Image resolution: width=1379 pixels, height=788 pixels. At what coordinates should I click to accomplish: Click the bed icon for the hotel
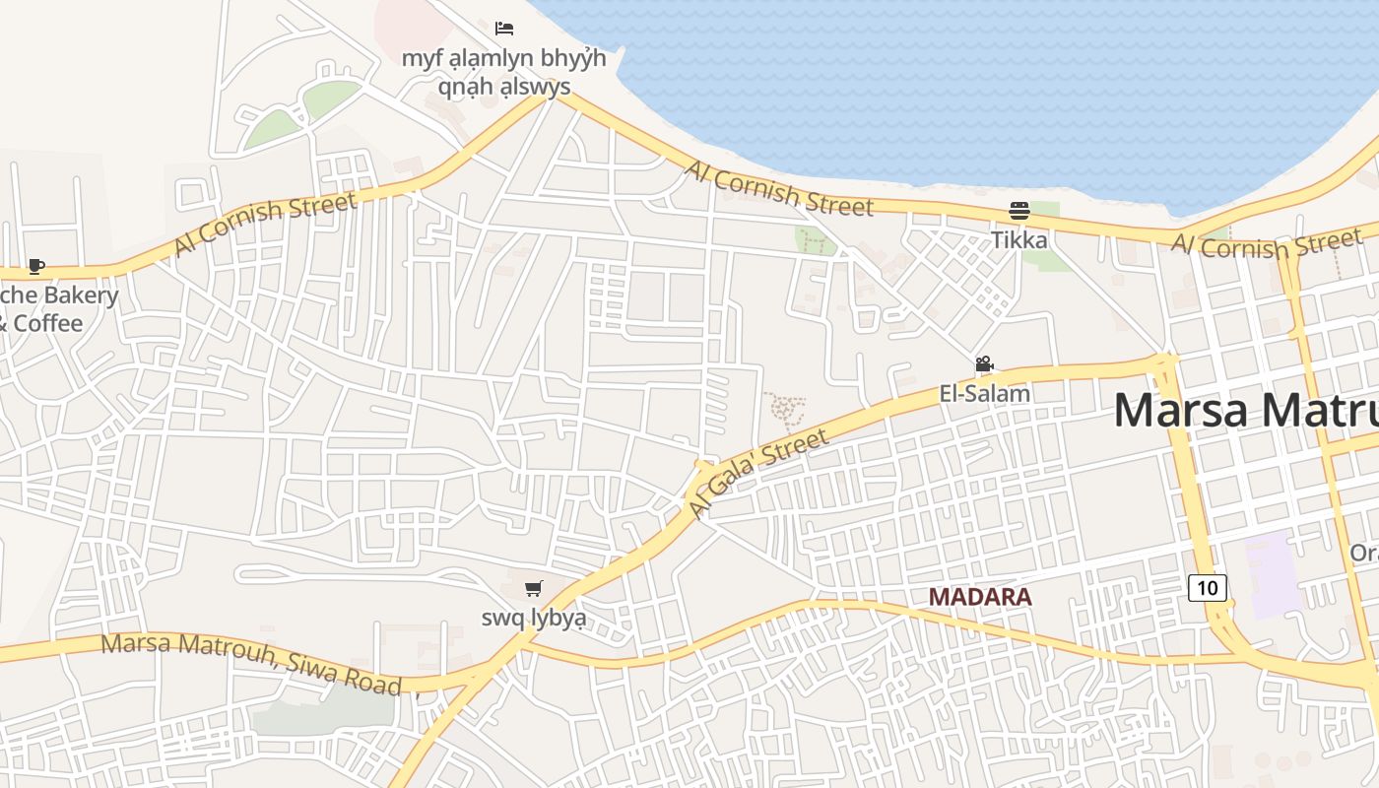click(504, 28)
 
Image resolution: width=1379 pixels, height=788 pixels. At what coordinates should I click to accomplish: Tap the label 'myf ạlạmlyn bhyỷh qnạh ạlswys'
click(503, 72)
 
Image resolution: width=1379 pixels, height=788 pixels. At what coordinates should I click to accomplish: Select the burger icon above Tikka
click(1019, 211)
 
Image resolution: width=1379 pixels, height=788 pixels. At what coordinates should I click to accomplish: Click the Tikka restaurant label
click(1019, 239)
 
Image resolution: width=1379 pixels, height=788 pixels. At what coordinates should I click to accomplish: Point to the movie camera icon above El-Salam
click(984, 364)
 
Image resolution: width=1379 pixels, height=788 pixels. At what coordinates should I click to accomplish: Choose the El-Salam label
click(985, 393)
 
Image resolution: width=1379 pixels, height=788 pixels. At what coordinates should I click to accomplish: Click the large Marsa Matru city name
click(1246, 409)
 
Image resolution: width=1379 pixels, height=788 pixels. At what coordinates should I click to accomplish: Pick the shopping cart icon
click(533, 589)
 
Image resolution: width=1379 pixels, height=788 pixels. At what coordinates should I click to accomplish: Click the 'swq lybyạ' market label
click(533, 618)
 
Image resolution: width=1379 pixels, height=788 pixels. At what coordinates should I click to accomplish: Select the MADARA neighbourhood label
click(980, 596)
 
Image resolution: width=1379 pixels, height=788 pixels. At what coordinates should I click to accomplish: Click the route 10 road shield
click(1208, 588)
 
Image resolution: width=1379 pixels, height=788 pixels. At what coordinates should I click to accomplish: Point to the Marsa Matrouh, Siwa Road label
click(251, 663)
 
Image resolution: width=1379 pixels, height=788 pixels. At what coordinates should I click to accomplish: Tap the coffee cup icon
click(36, 266)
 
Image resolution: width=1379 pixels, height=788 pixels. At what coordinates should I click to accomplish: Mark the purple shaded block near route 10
click(1274, 573)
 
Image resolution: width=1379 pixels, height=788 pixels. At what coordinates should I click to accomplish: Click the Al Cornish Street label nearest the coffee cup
click(266, 224)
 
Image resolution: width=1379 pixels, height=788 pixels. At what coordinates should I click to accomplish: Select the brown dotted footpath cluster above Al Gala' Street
click(785, 409)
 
